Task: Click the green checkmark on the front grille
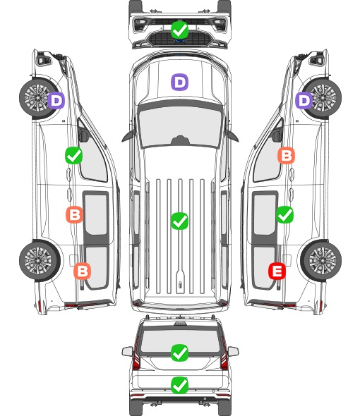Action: [179, 30]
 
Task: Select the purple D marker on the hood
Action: [179, 82]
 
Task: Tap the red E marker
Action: [277, 271]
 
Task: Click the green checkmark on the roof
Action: [179, 221]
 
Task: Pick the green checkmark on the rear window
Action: [179, 353]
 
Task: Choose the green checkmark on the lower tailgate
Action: [179, 385]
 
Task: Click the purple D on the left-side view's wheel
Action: [56, 100]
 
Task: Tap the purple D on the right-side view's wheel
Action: [304, 100]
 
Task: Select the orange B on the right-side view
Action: [286, 155]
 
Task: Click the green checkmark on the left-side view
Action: [74, 155]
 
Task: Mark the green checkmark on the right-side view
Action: [284, 214]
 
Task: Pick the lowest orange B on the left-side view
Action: [83, 271]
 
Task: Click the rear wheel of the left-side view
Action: [40, 260]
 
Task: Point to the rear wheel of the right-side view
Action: [321, 260]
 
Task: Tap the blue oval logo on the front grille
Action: [180, 41]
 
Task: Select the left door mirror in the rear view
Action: [127, 351]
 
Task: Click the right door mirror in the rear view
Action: [233, 351]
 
